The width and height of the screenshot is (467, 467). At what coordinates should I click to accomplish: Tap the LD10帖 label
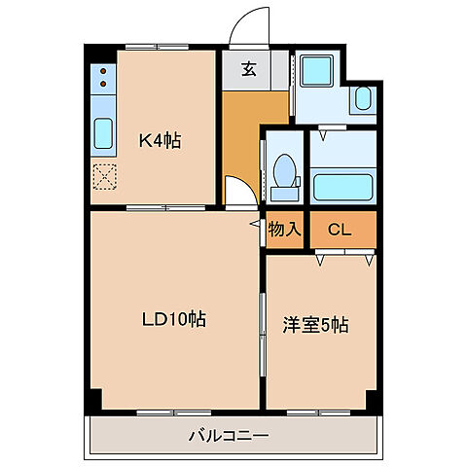pos(174,318)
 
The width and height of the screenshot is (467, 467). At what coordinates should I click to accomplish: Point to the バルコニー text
pos(229,435)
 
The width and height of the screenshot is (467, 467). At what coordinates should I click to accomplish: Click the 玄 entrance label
pos(248,69)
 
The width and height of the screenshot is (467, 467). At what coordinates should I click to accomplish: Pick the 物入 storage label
pos(285,230)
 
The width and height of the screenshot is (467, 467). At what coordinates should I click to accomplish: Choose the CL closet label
pos(340,230)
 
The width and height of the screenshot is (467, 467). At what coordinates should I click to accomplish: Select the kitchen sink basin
pos(102,133)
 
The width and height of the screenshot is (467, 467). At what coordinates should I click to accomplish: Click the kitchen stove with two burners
pos(101,84)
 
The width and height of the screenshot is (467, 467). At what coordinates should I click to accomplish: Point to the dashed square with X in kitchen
pos(103,177)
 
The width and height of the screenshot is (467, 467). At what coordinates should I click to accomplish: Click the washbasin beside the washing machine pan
pos(362,98)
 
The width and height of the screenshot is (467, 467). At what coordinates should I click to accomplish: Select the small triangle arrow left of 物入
pos(255,224)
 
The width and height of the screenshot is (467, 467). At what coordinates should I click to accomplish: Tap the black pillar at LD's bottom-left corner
pos(95,400)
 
